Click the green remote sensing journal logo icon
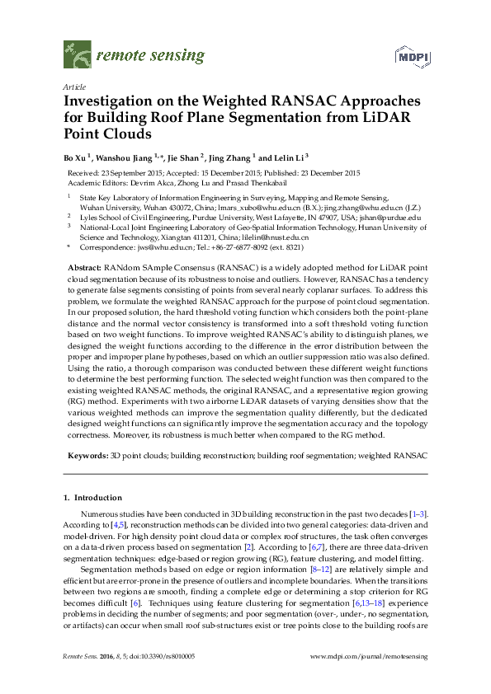pos(78,55)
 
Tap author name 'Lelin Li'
pos(290,157)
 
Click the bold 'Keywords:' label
pos(86,455)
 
